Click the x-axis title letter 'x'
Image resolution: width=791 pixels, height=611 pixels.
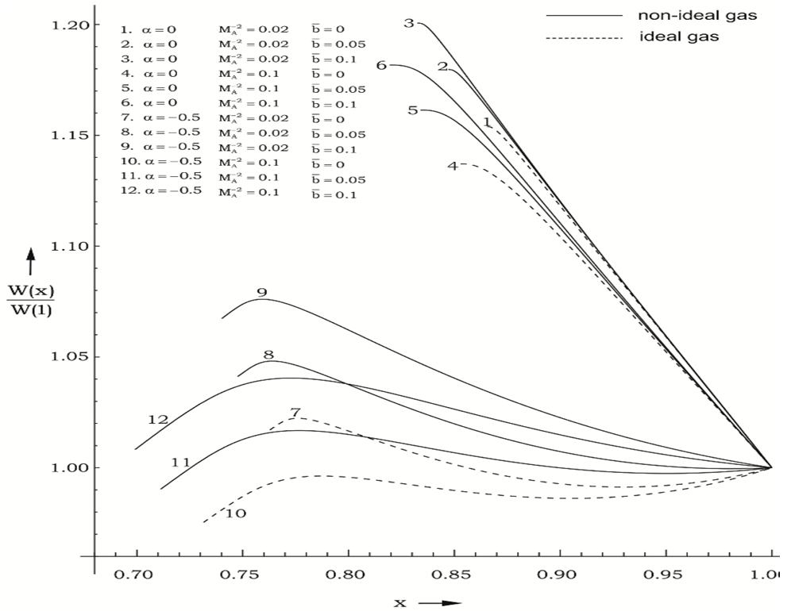[x=399, y=601]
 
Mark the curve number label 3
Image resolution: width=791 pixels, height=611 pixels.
[x=409, y=23]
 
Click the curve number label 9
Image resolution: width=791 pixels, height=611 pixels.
[x=262, y=293]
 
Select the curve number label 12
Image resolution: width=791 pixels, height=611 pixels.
[x=158, y=419]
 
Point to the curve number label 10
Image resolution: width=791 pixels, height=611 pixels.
[x=236, y=513]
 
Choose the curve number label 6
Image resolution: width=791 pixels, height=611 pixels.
[x=381, y=65]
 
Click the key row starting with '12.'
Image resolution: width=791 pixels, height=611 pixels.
[x=238, y=191]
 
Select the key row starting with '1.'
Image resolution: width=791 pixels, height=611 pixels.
[x=238, y=30]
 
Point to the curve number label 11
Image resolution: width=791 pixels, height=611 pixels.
[x=180, y=462]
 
